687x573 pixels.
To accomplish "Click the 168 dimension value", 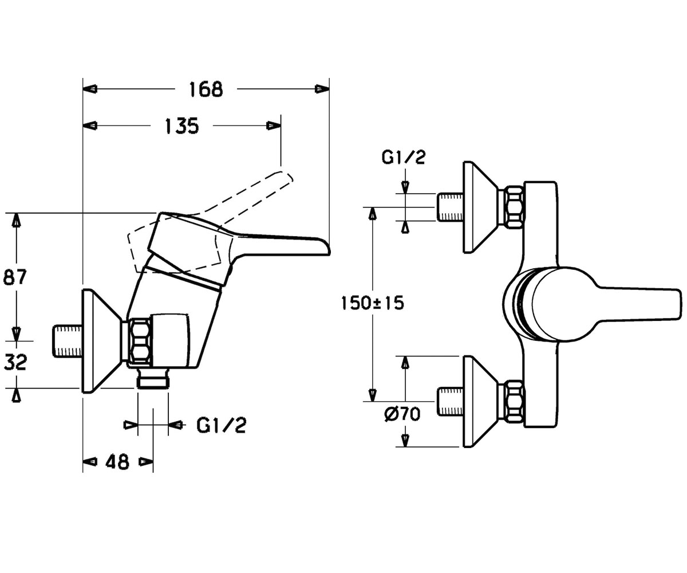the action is coord(206,89).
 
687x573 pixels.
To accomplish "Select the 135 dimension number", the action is coord(181,126).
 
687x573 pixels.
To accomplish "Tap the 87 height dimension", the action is coord(15,277).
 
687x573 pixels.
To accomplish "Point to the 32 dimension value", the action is coord(15,362).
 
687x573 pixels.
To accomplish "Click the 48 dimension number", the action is coord(117,462).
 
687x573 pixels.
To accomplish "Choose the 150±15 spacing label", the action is coord(373,303).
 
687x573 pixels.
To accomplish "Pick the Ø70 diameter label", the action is coord(402,414).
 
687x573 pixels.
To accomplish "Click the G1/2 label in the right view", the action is coord(404,157).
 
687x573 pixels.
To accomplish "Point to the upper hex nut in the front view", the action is coord(514,207).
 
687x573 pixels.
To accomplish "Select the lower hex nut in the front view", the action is coord(514,402).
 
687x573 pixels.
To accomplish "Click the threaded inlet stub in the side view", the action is coord(68,341).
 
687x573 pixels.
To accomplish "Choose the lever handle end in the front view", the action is coord(678,304).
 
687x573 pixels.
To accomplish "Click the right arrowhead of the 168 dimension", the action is coord(322,89).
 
